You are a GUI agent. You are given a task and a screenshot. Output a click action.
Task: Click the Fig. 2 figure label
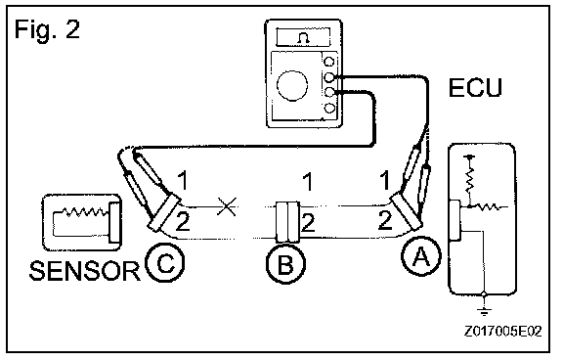coord(47,29)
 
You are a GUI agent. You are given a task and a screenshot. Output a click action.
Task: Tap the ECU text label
coord(475,88)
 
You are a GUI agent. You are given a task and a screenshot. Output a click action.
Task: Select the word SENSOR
coord(84,271)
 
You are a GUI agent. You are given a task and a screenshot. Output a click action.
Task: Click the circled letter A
coord(421,256)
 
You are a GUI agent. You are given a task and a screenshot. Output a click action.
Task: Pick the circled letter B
coord(285,263)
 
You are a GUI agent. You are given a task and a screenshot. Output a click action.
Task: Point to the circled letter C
coord(165,262)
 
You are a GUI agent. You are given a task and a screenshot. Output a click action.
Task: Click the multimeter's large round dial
coord(292,85)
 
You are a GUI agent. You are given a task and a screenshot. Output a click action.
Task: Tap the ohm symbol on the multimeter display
coord(303,38)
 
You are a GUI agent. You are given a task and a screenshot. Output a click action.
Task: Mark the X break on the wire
coord(227,206)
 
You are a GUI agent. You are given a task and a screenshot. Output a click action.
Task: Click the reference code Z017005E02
coord(502,332)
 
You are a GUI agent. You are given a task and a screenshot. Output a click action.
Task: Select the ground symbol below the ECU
coord(485,310)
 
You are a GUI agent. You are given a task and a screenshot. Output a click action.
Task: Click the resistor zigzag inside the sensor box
coord(85,211)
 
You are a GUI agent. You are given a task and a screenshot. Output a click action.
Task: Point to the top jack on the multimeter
coord(328,61)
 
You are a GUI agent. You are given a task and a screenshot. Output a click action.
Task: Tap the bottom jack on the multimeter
coord(329,108)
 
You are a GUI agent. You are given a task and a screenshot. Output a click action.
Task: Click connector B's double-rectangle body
coord(287,222)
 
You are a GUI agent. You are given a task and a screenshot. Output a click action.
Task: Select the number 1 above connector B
coord(308,181)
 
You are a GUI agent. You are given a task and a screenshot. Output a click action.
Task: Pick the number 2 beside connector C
coord(183,222)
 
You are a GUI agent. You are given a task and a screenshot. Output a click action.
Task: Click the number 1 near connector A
coord(385,180)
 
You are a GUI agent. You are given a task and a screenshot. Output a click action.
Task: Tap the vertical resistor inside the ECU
coord(469,177)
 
